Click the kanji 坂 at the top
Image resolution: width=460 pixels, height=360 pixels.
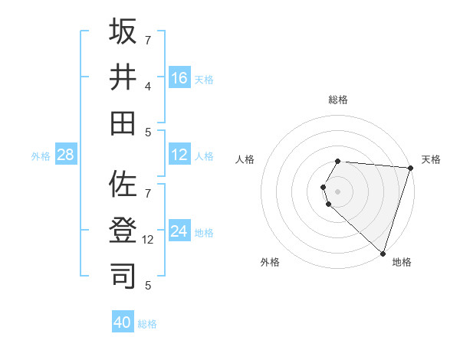point(123,33)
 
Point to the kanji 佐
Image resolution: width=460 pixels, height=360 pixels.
point(123,185)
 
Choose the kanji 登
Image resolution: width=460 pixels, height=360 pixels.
point(123,229)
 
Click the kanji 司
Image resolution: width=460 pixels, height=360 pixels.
point(123,273)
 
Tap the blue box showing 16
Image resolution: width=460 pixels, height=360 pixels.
point(179,77)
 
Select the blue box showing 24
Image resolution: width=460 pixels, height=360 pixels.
point(179,231)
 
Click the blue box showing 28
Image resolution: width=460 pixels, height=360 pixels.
point(65,155)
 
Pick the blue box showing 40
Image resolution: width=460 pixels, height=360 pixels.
point(123,322)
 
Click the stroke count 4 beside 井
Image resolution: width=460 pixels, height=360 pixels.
point(148,86)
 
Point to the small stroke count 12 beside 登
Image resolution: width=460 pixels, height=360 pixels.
point(149,239)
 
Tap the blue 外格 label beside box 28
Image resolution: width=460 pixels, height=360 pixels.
point(41,156)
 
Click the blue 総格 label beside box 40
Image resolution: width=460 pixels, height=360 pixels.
point(147,324)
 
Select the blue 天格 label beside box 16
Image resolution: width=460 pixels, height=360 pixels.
point(204,79)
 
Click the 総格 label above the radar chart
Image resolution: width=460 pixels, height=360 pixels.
point(338,100)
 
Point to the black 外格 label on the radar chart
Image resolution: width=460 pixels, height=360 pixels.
point(270,262)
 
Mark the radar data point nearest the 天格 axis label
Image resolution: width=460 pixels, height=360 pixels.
point(410,168)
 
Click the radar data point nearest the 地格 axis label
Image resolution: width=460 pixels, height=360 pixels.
point(382,253)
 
